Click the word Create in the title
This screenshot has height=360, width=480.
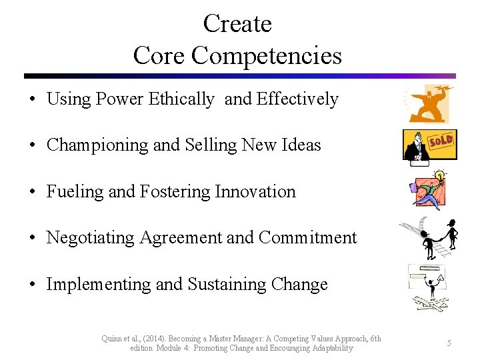pos(237,24)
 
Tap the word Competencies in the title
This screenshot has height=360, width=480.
pos(267,55)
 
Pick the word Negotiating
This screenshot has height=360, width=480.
pos(91,238)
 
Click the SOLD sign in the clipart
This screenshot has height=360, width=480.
pos(441,141)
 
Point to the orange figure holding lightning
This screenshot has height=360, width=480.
pos(428,104)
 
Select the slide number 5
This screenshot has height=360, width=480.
pos(449,343)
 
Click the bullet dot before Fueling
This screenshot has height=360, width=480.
pos(32,192)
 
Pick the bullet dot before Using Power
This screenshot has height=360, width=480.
pos(32,99)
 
